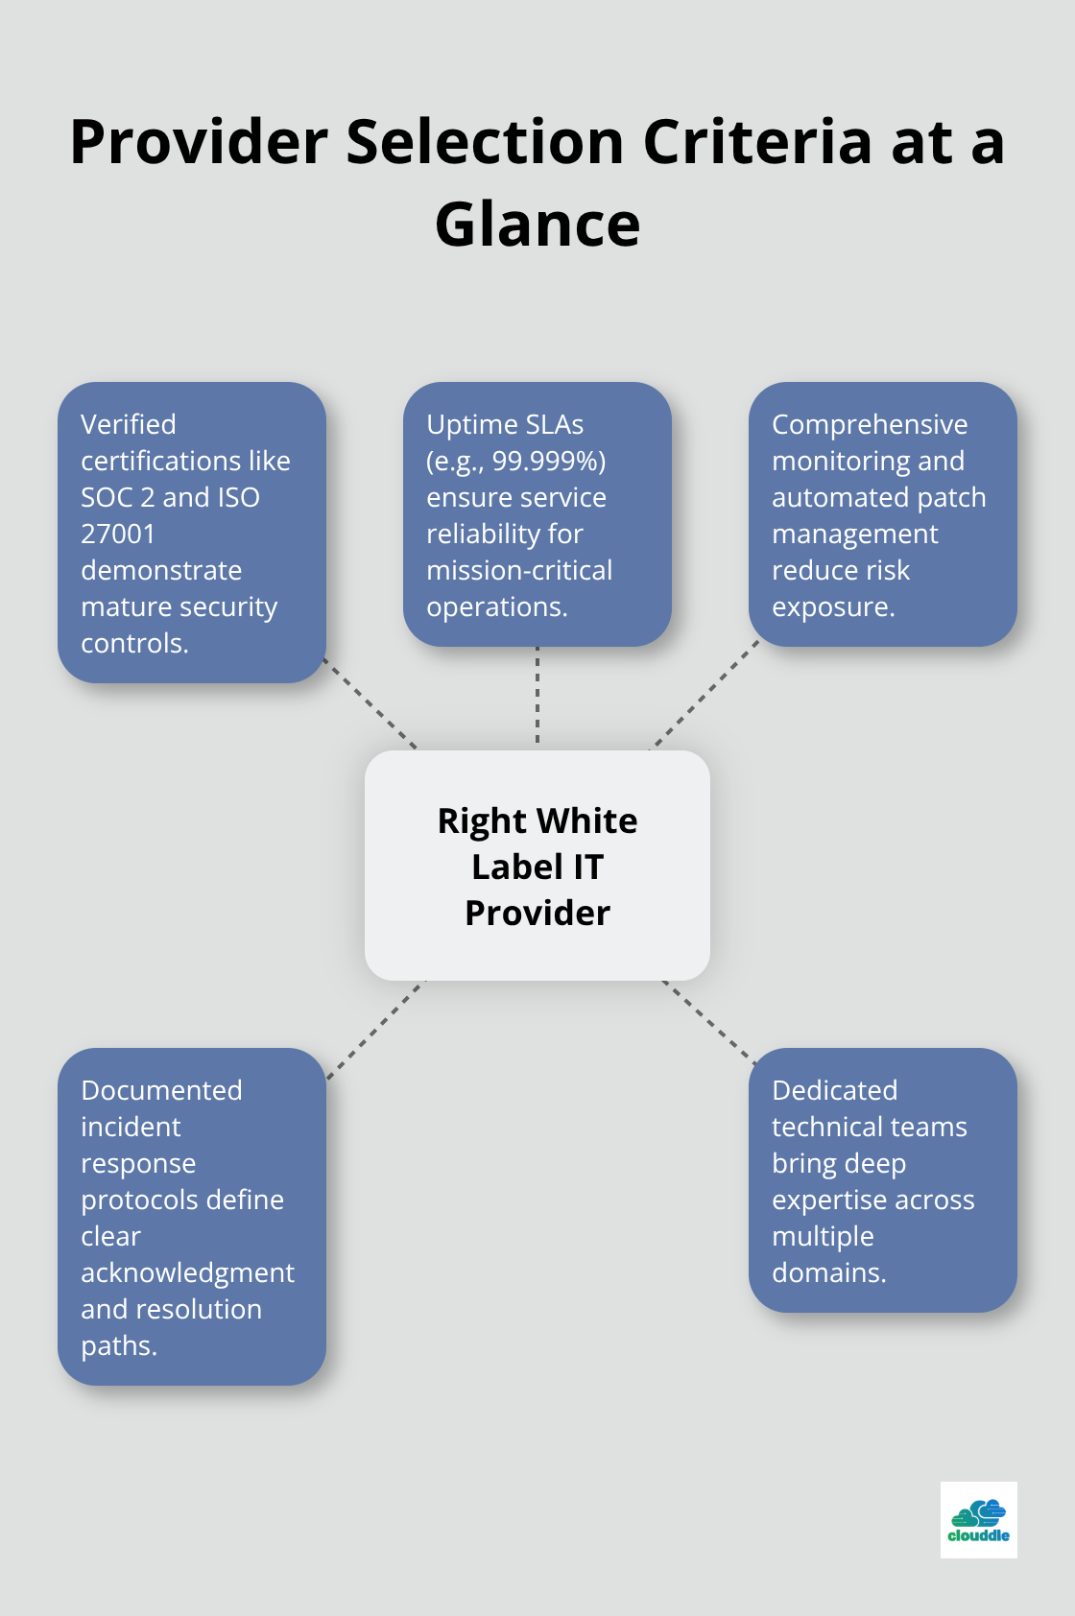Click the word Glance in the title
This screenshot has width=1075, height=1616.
pyautogui.click(x=537, y=225)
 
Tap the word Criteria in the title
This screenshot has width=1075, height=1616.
pyautogui.click(x=757, y=142)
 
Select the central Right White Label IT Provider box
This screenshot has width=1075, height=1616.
pyautogui.click(x=537, y=866)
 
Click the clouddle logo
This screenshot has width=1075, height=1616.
pyautogui.click(x=978, y=1520)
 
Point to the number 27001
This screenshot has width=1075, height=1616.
pyautogui.click(x=118, y=534)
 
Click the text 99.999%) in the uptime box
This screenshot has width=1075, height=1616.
pyautogui.click(x=549, y=461)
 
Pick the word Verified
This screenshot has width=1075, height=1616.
pyautogui.click(x=129, y=424)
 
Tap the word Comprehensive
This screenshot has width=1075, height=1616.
pyautogui.click(x=870, y=424)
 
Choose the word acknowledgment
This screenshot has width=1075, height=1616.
pyautogui.click(x=187, y=1272)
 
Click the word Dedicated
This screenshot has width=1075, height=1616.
pyautogui.click(x=834, y=1090)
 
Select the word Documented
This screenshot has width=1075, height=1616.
pyautogui.click(x=161, y=1090)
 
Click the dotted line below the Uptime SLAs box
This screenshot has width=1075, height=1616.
pyautogui.click(x=537, y=697)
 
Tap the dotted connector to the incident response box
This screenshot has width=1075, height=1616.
pyautogui.click(x=375, y=1030)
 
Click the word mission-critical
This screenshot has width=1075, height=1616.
pyautogui.click(x=519, y=570)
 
